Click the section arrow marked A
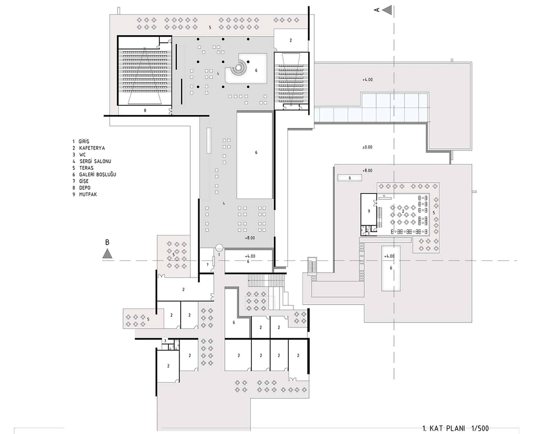coord(387,10)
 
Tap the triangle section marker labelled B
coord(107,253)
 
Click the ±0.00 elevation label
coord(367,147)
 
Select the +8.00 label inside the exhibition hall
coord(250,238)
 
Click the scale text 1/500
coord(480,428)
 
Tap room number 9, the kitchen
coord(369,211)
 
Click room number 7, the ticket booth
coord(207,265)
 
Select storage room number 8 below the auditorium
coord(145,111)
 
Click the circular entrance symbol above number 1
coord(219,248)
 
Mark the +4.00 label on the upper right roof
coord(368,80)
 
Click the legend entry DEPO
coord(85,188)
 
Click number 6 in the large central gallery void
coord(256,152)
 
